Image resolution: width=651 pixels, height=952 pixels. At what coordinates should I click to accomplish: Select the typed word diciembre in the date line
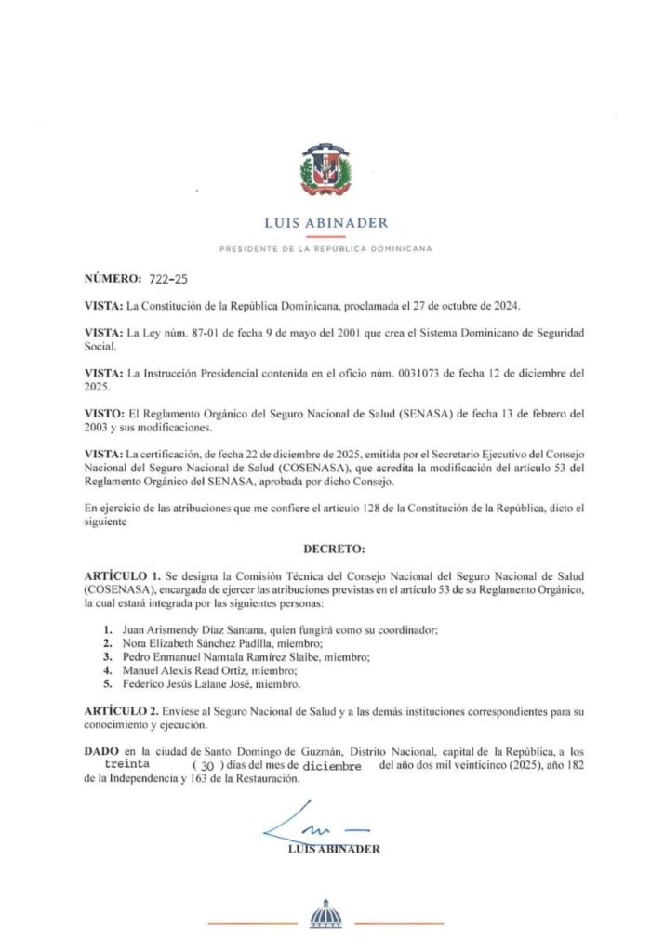pos(332,765)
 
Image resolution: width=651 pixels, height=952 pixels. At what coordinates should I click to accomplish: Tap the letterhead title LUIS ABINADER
pos(325,223)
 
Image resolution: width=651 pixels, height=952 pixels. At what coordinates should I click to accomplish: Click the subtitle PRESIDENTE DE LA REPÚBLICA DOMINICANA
pos(325,248)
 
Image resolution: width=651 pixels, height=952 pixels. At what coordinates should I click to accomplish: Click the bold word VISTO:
pos(103,413)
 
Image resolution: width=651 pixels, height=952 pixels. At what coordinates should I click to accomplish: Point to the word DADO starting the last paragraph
pos(101,749)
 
